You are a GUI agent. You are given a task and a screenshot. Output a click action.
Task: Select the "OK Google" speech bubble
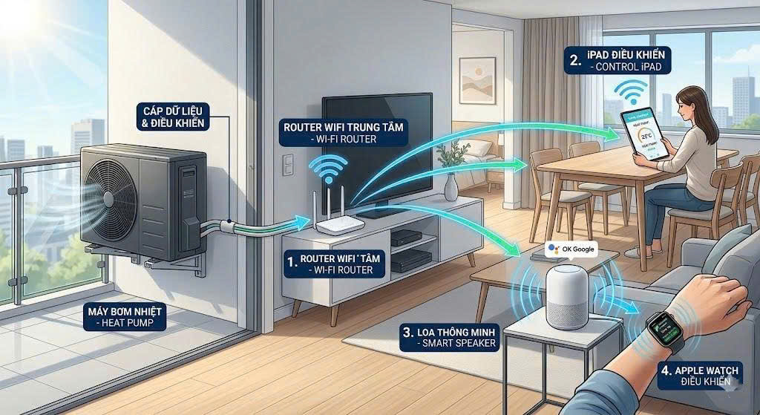[571, 249]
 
